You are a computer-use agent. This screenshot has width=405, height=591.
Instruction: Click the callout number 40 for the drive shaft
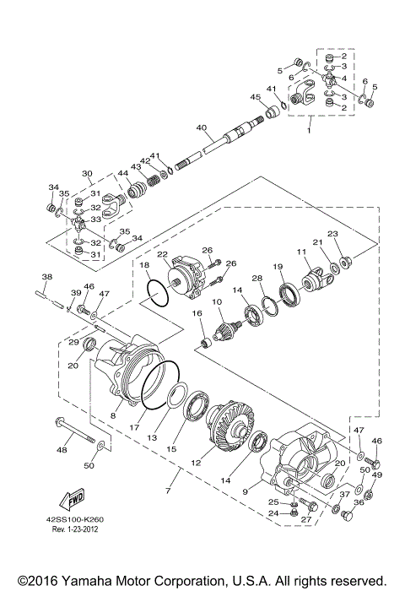coord(201,128)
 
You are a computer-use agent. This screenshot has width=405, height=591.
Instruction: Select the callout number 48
coord(61,450)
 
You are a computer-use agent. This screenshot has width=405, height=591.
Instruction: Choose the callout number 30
coord(87,174)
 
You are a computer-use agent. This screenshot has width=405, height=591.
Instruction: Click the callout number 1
coord(310,132)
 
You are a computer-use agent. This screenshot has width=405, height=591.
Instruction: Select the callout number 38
coord(46,278)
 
